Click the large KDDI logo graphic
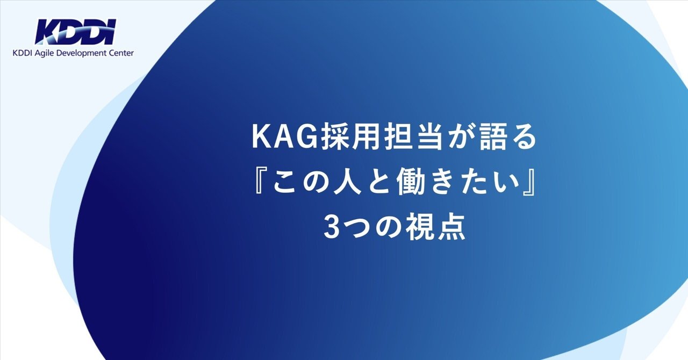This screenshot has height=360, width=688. coord(75,32)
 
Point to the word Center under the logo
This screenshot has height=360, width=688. coord(123,53)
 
